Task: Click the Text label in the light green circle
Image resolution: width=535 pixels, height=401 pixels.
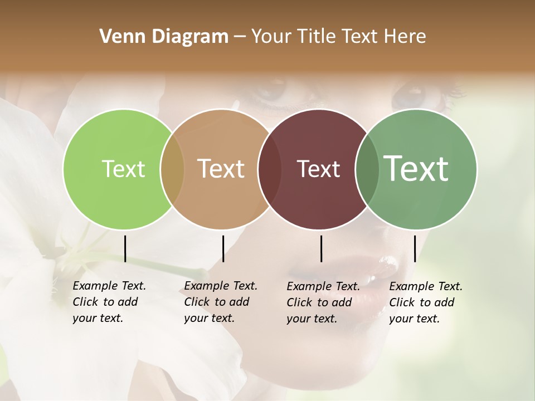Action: [123, 169]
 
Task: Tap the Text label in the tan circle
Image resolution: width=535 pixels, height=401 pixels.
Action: [221, 169]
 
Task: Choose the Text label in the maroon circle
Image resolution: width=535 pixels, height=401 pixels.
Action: [318, 169]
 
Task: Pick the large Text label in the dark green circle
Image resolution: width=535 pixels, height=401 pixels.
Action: [416, 169]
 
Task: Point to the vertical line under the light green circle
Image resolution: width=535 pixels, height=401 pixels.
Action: [125, 248]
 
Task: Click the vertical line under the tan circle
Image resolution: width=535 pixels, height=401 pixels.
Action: [223, 248]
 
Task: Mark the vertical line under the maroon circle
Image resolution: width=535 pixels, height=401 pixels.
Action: [321, 248]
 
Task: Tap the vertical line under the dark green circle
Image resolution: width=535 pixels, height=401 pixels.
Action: [415, 248]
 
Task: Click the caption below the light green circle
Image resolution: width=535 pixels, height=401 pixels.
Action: [109, 302]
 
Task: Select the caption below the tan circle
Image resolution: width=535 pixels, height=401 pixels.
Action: [220, 302]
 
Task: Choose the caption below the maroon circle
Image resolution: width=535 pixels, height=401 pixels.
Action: [323, 302]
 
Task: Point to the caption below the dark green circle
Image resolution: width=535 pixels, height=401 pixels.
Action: [425, 302]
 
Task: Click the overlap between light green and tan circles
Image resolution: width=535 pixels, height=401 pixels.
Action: [172, 169]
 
